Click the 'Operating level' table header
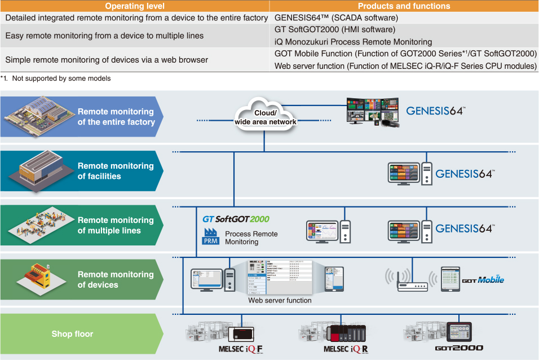[135, 6]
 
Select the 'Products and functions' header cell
[404, 6]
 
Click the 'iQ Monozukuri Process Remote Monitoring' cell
[353, 42]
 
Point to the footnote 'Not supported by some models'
[61, 78]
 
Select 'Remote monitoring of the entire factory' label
[116, 117]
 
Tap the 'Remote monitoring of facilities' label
[116, 171]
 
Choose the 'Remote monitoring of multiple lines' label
[116, 225]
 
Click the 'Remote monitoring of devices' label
[116, 279]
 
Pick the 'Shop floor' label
[73, 333]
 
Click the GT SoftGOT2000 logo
[236, 219]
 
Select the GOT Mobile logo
[483, 279]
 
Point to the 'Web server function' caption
[280, 300]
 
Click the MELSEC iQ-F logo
[241, 349]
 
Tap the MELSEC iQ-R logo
[346, 349]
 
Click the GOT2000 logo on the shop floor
[459, 349]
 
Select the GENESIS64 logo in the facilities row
[465, 173]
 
